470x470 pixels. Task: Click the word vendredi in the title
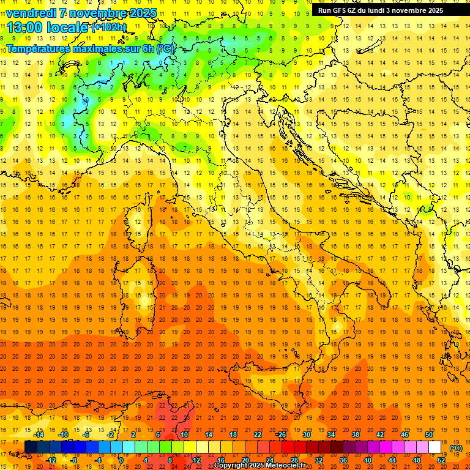point(29,13)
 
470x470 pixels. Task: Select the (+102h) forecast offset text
point(109,28)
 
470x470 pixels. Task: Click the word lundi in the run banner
point(379,10)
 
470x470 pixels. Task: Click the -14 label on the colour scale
point(39,435)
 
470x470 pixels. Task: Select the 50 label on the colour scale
point(429,435)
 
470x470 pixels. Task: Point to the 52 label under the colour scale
point(441,460)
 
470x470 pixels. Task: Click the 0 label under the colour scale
point(121,460)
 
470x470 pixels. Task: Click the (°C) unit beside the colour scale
point(456,447)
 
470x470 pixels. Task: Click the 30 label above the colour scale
point(307,435)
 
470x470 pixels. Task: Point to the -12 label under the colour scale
point(51,460)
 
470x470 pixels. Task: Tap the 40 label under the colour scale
point(368,460)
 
